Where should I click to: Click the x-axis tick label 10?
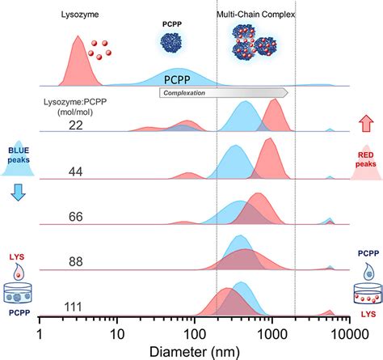coord(117,335)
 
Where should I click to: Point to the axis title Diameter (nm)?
coord(195,352)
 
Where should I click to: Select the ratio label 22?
coord(76,125)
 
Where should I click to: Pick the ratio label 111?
coord(73,307)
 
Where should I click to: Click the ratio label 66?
coord(76,217)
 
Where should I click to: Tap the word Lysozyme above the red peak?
coord(80,15)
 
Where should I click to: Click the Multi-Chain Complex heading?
coord(256,15)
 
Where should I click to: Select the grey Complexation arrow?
coord(224,93)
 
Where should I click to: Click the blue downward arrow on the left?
coord(18,193)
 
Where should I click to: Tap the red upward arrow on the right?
coord(366,124)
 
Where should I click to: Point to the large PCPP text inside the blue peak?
coord(177,80)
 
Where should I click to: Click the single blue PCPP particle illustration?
coord(171,42)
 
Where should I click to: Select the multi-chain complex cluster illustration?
coord(255,42)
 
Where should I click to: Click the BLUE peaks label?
coord(19,155)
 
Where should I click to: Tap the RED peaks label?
coord(366,159)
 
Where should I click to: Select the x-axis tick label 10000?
coord(350,335)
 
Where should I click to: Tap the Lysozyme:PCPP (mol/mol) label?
coord(75,107)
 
